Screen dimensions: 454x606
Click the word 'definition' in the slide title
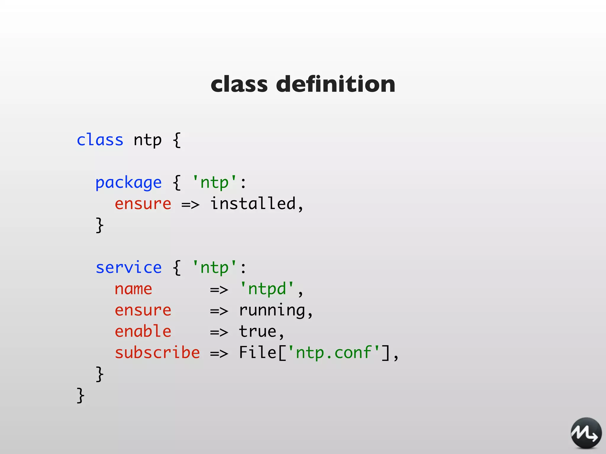click(x=336, y=84)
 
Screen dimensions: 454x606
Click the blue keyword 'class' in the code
click(x=100, y=140)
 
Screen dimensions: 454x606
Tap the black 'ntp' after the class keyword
click(x=147, y=140)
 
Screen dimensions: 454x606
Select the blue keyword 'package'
click(x=128, y=183)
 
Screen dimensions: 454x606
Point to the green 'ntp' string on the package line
click(x=215, y=182)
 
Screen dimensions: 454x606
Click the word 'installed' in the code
click(x=253, y=204)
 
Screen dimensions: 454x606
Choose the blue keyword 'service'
click(x=129, y=268)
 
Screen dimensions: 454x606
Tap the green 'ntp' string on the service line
click(x=215, y=268)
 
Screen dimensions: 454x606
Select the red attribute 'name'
click(x=133, y=289)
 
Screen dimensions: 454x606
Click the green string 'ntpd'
click(x=267, y=289)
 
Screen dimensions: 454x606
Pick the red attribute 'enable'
click(x=143, y=331)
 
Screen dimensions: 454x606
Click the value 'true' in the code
click(x=257, y=332)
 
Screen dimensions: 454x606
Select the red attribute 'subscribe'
click(x=157, y=353)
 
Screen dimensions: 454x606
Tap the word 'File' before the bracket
click(x=257, y=353)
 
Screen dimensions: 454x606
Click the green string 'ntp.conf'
click(x=333, y=353)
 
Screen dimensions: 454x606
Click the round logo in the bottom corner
click(x=586, y=433)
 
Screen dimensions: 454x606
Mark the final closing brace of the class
click(x=80, y=395)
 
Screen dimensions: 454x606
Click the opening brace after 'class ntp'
click(x=177, y=140)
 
